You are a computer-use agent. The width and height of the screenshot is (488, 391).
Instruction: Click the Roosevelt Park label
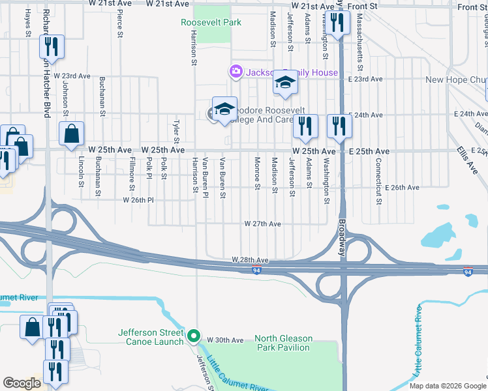tap(211, 22)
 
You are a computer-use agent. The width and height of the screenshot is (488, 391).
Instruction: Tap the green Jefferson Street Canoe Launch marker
tap(193, 336)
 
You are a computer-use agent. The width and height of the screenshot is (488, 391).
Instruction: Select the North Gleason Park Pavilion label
tap(283, 343)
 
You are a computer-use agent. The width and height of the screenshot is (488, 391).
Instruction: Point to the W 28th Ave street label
tap(251, 259)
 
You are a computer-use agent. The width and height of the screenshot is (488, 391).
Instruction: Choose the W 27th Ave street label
tap(262, 224)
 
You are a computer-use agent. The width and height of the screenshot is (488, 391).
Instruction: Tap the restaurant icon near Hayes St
tap(50, 47)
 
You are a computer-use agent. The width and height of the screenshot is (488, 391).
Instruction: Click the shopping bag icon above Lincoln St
tap(71, 134)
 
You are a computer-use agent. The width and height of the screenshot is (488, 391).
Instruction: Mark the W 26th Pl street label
tap(138, 200)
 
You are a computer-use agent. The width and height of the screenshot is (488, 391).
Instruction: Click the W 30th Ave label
tap(225, 340)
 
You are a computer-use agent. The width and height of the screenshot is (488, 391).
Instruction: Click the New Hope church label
tap(456, 80)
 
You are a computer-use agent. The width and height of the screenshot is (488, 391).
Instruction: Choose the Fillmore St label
tap(132, 174)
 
